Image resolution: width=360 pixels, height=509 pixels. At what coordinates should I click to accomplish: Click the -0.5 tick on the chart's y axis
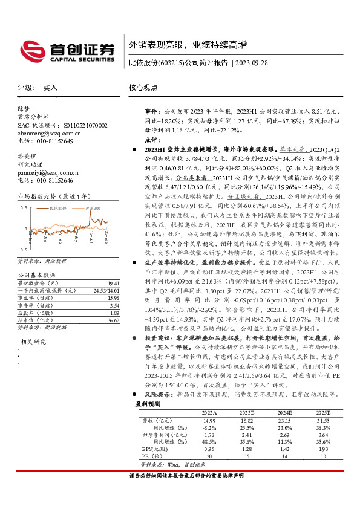click(x=22, y=249)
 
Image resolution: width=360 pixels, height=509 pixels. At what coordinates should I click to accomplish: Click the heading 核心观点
click(x=143, y=88)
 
